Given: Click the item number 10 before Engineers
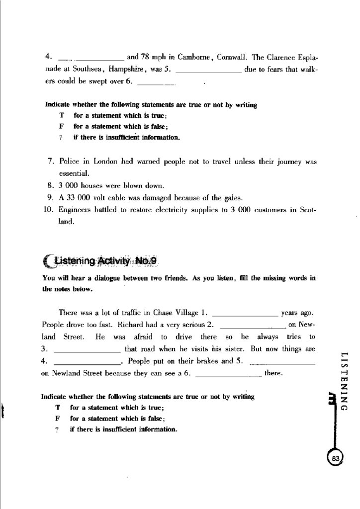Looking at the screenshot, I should click(48, 210).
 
